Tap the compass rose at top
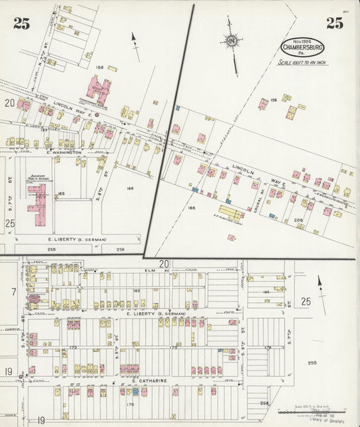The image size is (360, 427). [x=232, y=42]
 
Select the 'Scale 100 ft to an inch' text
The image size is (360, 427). [x=302, y=62]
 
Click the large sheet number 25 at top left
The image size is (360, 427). [x=22, y=24]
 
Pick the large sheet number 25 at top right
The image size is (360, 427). [x=334, y=24]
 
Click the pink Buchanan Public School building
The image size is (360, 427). [x=37, y=205]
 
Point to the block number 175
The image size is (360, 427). [x=130, y=405]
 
